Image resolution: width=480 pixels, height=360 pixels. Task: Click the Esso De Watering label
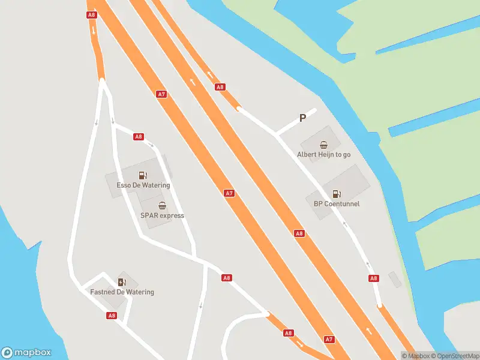click(143, 185)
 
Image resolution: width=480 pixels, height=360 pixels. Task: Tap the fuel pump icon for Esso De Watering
click(143, 175)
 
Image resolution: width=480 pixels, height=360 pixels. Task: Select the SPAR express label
click(162, 215)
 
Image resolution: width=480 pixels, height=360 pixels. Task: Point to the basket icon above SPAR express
click(162, 205)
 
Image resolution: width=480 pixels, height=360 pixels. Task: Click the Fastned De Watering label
click(122, 292)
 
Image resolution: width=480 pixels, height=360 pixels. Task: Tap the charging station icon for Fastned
click(122, 282)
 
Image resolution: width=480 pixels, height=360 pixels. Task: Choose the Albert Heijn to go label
click(323, 154)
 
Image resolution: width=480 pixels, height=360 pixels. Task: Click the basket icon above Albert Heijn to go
click(324, 144)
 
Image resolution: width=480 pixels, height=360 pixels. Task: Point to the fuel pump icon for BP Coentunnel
click(336, 193)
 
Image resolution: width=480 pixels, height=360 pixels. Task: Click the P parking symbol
click(302, 118)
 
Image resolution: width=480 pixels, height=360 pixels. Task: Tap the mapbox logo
click(26, 353)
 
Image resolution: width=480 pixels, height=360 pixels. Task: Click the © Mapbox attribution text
click(415, 356)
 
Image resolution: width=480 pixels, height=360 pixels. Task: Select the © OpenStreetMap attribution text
click(455, 356)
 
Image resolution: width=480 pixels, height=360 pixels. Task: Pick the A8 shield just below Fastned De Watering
click(112, 315)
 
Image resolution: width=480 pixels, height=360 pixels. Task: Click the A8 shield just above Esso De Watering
click(139, 137)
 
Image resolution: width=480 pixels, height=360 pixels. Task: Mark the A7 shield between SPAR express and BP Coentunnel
click(229, 193)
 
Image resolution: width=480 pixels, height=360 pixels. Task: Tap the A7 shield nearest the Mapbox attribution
click(329, 339)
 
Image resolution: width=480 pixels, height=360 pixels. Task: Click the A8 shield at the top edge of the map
click(91, 14)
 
